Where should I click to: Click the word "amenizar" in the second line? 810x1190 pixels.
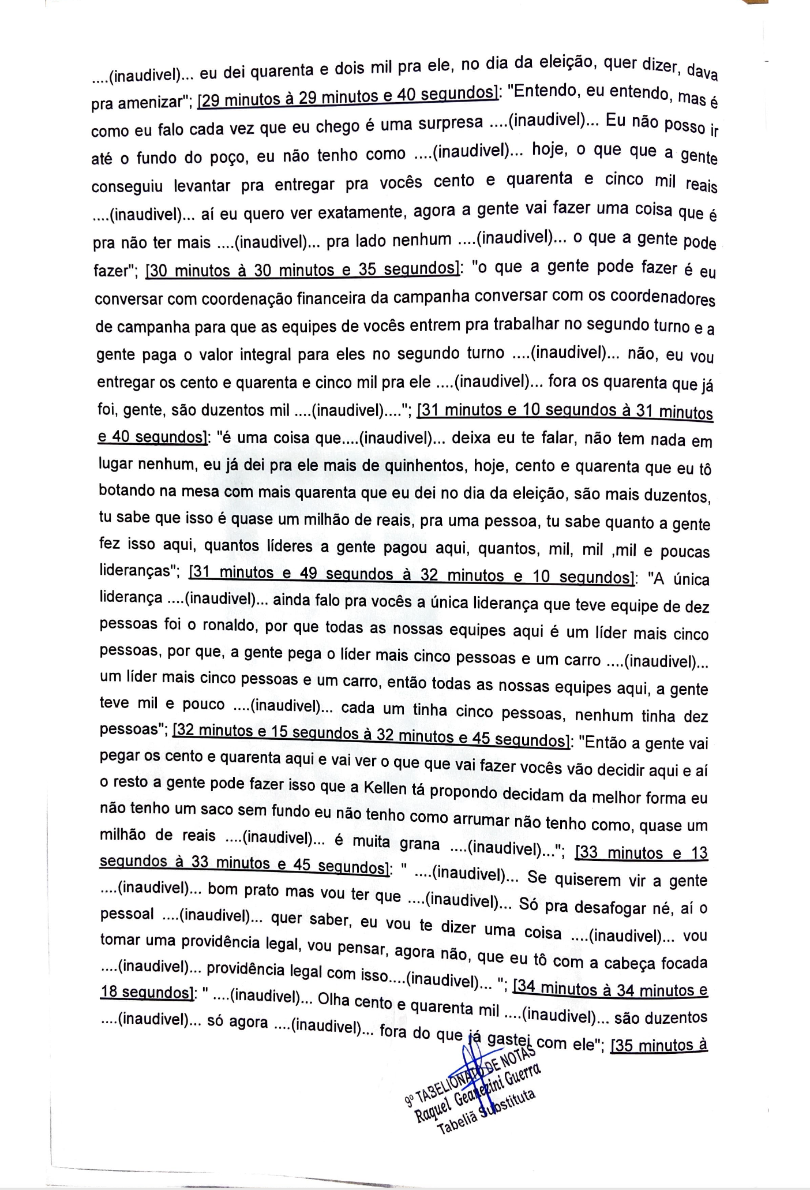pyautogui.click(x=147, y=103)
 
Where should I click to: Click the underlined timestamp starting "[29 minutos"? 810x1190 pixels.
pyautogui.click(x=348, y=96)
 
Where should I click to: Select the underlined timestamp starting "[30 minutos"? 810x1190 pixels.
pyautogui.click(x=303, y=269)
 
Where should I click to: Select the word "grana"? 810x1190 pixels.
pyautogui.click(x=420, y=843)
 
